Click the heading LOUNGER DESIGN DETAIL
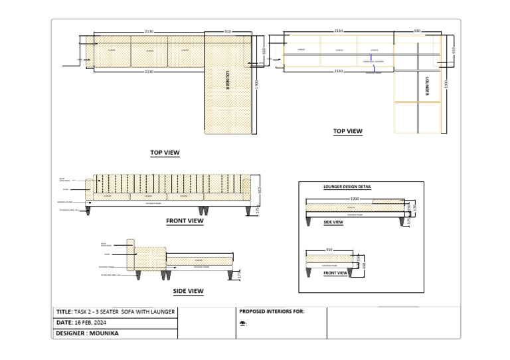347,187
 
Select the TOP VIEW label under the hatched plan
165,153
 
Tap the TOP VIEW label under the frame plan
347,132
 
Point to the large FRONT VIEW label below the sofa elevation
185,221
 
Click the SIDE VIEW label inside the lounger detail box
333,223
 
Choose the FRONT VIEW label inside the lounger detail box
335,273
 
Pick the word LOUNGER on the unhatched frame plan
427,87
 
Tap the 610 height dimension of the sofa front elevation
259,190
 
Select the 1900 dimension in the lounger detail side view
355,198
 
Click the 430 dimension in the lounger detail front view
364,265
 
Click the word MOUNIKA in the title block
104,333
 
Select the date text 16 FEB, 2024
90,322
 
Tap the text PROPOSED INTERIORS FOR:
271,311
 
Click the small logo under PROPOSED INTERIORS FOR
243,324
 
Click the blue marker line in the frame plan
375,64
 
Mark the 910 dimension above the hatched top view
227,31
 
